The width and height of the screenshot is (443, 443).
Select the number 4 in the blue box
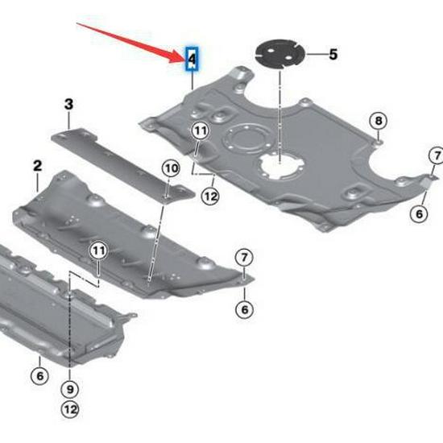(192, 58)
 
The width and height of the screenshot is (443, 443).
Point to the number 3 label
(68, 104)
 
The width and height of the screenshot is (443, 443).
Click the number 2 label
(37, 165)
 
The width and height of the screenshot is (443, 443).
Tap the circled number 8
(378, 121)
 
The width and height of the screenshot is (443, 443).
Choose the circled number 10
(170, 168)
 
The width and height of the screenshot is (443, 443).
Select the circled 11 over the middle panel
(97, 250)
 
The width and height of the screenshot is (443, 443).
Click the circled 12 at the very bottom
(72, 411)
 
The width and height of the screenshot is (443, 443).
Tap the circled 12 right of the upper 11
(210, 194)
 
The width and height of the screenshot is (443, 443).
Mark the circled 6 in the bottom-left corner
(37, 375)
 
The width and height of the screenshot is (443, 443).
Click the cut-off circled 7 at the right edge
(436, 155)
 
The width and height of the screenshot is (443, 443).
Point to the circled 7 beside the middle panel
(243, 257)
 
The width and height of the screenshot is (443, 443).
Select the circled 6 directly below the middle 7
(243, 308)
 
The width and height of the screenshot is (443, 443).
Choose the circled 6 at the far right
(418, 213)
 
